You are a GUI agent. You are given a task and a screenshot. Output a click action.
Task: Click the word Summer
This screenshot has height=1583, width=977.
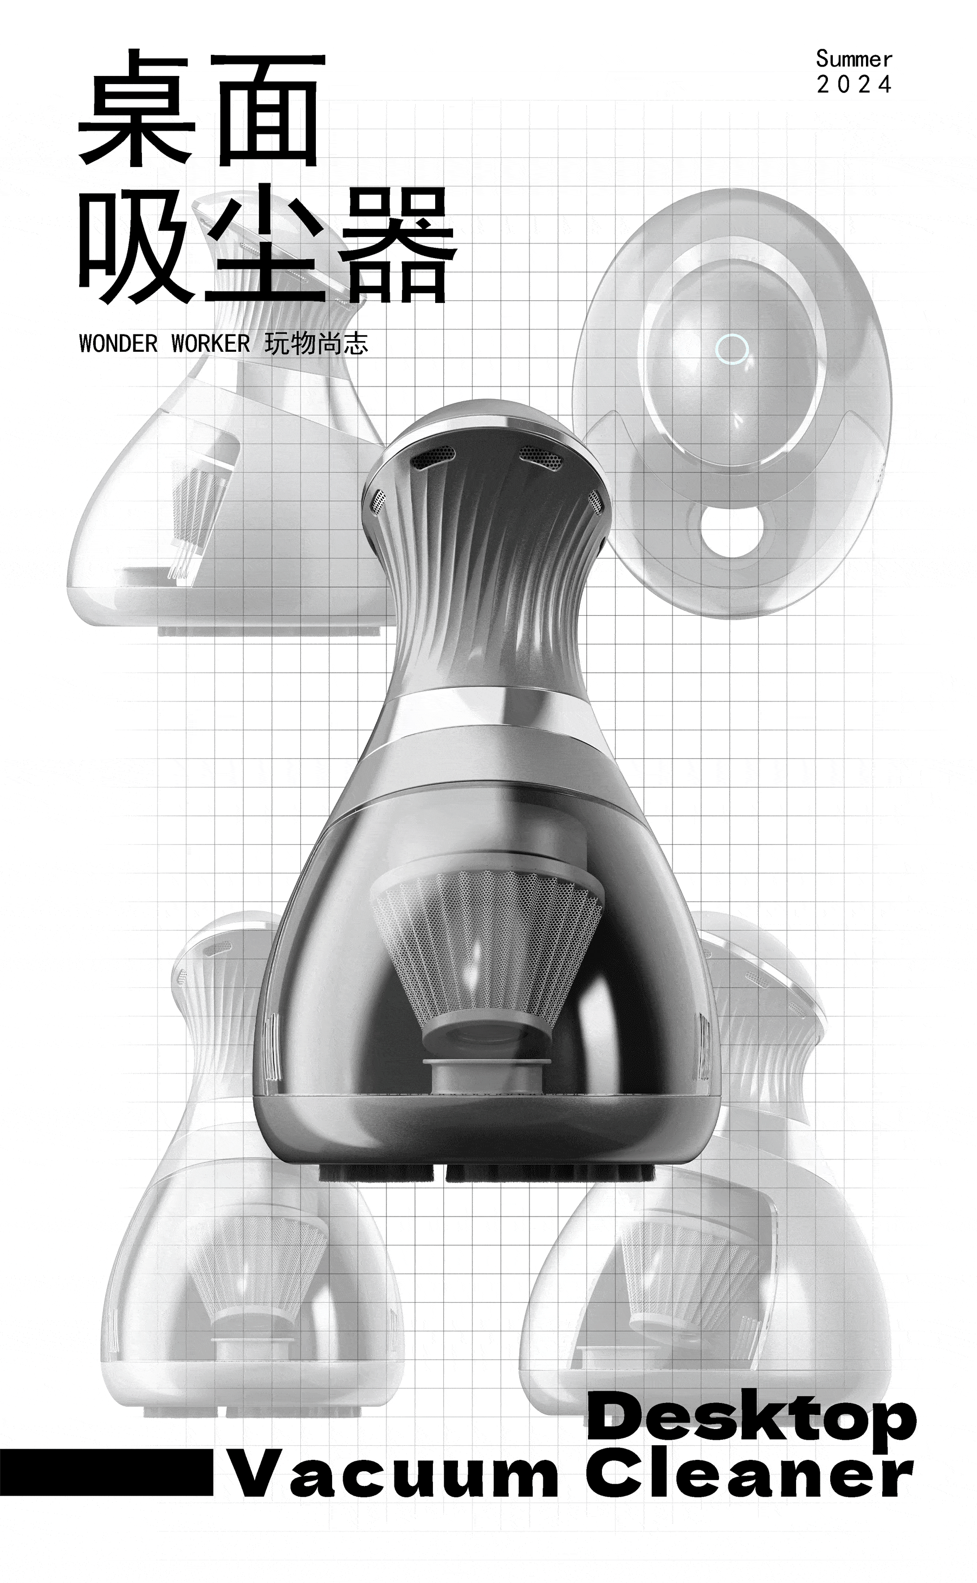[x=853, y=60]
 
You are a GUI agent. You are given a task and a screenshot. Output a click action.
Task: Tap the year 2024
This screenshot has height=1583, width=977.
[x=853, y=85]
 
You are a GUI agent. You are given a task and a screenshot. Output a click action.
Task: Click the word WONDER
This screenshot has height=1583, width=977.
[x=118, y=344]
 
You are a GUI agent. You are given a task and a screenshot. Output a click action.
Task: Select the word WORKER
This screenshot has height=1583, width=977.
[x=211, y=344]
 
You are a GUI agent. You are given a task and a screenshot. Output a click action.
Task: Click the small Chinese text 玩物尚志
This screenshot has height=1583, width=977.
[x=316, y=344]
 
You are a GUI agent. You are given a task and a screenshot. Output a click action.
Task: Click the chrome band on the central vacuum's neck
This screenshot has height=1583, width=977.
[x=488, y=711]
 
